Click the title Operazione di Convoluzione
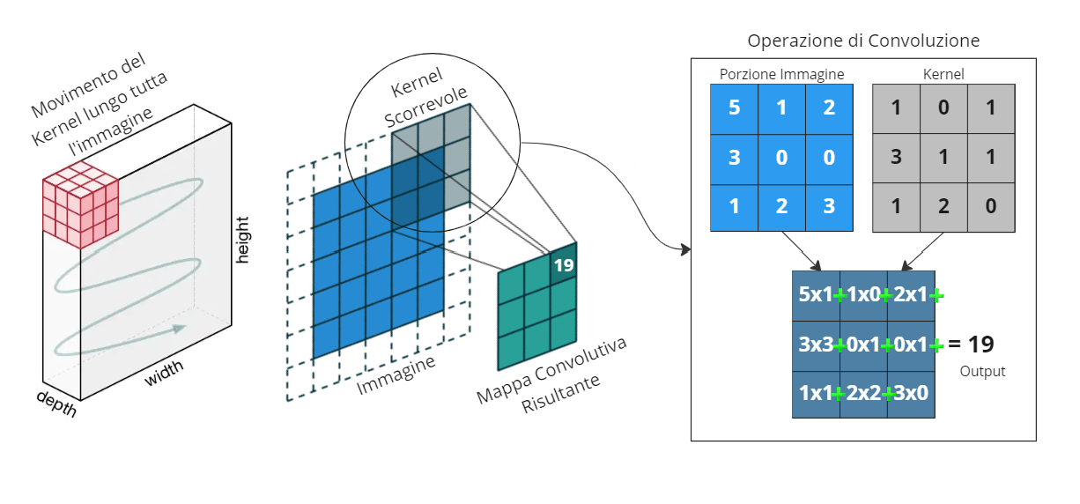863,41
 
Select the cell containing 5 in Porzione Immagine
735,108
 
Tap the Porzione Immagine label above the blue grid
781,75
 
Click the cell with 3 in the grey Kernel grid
896,158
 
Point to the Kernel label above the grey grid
943,75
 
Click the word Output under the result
982,372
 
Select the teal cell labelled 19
564,262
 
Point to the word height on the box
244,239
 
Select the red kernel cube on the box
80,203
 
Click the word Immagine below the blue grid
396,374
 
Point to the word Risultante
561,394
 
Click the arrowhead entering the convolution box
684,251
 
